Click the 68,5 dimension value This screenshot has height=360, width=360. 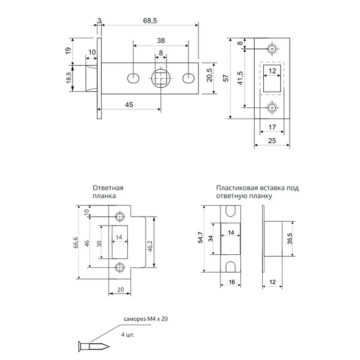tap(150, 20)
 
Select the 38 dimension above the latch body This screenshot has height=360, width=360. tap(160, 41)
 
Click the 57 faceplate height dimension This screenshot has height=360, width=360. tap(226, 78)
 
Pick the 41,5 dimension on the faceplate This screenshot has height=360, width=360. tap(240, 78)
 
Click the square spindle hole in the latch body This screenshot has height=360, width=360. tap(161, 78)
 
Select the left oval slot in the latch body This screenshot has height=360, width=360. tap(133, 78)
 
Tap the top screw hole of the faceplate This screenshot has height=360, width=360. tap(272, 49)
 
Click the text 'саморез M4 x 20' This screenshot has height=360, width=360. tap(146, 319)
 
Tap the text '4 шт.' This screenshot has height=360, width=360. tap(127, 334)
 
